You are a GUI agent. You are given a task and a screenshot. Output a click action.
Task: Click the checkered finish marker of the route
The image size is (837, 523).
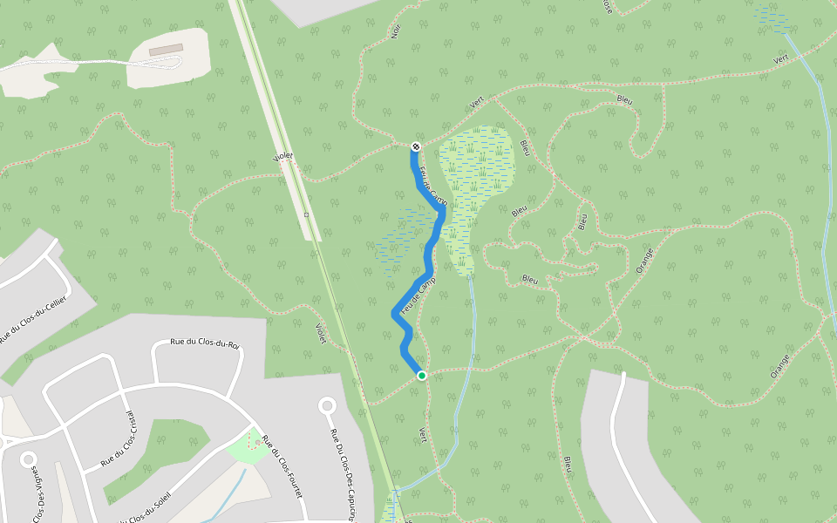[416, 146]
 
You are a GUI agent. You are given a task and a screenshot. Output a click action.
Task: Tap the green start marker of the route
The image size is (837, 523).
[422, 376]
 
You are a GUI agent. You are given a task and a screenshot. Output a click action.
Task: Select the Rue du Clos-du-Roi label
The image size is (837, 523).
[205, 343]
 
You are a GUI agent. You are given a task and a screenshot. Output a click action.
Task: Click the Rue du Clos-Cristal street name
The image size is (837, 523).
[120, 438]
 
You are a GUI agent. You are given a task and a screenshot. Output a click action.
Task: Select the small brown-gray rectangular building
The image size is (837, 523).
[165, 50]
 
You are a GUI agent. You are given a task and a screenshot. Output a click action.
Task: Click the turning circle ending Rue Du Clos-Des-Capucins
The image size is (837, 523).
[328, 405]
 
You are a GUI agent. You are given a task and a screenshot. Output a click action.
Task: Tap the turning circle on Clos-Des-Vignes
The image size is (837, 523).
[29, 458]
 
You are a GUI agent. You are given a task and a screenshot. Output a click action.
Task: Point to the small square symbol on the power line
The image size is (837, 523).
[307, 214]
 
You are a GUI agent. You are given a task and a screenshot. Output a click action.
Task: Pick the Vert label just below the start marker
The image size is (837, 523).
[424, 433]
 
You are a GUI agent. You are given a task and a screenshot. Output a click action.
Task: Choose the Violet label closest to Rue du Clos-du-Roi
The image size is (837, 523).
[320, 334]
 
